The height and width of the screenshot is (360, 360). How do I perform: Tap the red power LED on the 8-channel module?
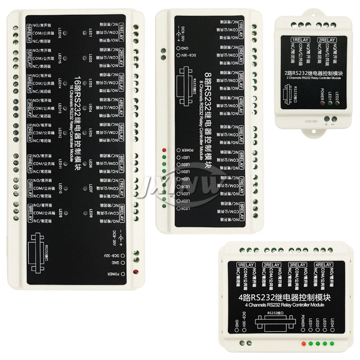165,149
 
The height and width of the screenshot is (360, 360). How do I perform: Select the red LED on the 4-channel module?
304,343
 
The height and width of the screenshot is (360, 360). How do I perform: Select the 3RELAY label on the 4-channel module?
297,264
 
